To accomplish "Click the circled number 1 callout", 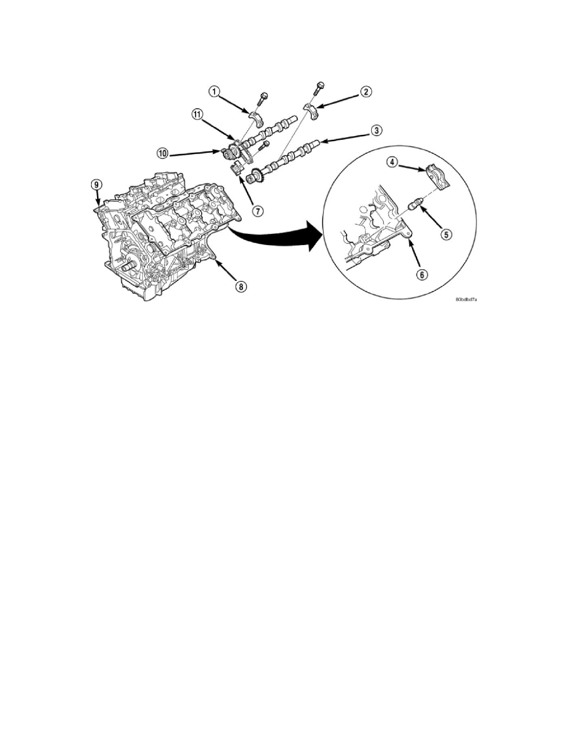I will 214,93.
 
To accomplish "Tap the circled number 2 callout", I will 366,92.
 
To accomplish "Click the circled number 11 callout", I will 196,114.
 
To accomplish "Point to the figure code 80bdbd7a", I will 468,299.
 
